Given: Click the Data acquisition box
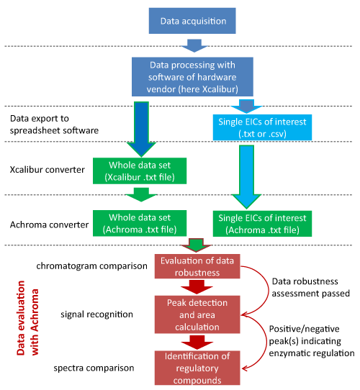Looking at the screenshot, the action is (192, 21).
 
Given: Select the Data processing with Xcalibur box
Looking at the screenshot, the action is (192, 76).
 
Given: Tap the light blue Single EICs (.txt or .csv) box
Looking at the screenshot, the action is (262, 127).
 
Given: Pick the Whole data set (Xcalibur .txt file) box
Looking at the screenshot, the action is (140, 171).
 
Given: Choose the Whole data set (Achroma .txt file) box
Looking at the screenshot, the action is (140, 223).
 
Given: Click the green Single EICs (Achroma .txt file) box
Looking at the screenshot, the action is (262, 224).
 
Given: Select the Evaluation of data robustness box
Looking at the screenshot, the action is (197, 266).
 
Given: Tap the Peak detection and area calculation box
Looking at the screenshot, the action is (197, 314).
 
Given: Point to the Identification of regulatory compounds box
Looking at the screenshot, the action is (197, 368).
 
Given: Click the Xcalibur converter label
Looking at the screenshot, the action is (47, 170).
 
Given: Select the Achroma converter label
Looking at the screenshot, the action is (49, 225).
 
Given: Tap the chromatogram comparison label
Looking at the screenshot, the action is (91, 266).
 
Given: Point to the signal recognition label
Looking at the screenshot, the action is (96, 314).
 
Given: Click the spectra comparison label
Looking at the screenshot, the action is (94, 368).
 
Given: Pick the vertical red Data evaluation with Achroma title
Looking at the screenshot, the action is (27, 318).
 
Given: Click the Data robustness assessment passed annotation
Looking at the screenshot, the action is (311, 287).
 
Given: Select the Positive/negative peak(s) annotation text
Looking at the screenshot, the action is (312, 341).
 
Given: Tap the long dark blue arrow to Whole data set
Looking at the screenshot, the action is (141, 129).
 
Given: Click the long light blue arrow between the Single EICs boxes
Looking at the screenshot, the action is (246, 176).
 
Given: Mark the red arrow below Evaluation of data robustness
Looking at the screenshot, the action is (197, 287).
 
